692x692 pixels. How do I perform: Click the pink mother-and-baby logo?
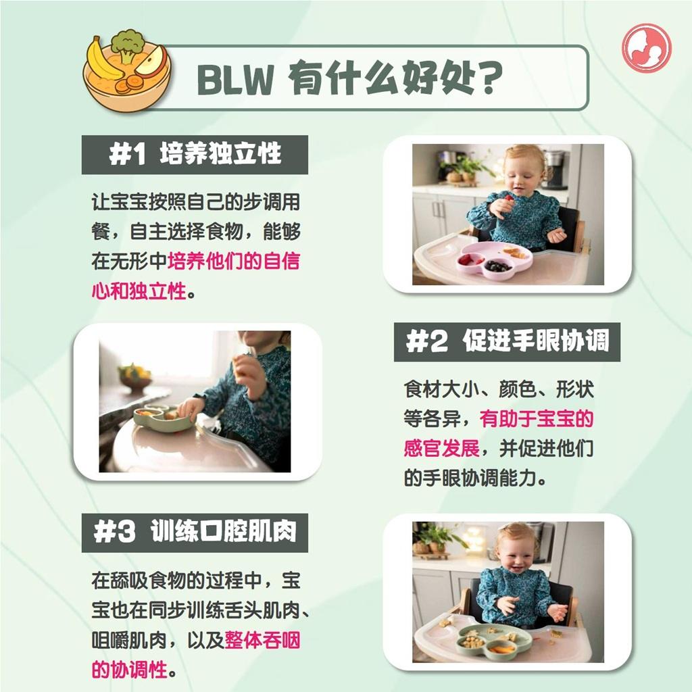(647, 48)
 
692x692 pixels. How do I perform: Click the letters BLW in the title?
(234, 79)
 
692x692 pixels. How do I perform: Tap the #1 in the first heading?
(127, 155)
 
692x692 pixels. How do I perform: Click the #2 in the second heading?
(426, 341)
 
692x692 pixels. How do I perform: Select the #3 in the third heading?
(114, 533)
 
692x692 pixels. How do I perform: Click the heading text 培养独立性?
(220, 154)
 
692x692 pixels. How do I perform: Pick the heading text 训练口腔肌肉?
(223, 531)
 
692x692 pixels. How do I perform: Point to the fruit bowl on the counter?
(135, 378)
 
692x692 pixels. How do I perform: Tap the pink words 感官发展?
(441, 449)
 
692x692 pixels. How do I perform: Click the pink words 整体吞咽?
(262, 640)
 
